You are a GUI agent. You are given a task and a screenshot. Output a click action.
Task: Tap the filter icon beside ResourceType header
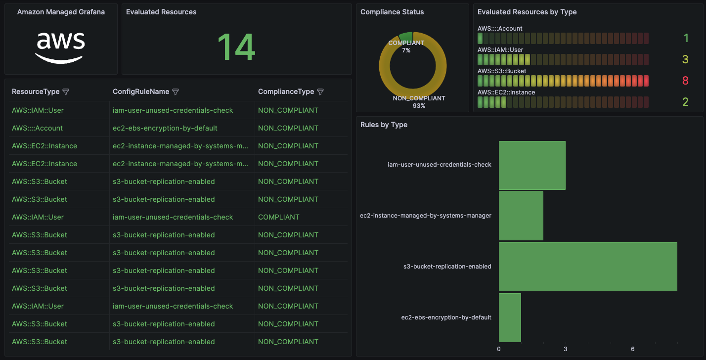coord(66,92)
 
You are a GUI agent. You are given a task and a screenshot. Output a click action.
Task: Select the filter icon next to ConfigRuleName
coord(175,92)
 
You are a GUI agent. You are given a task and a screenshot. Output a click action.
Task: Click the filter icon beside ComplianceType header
coord(320,92)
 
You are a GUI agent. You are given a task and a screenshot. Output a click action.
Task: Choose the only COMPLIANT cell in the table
coord(278,217)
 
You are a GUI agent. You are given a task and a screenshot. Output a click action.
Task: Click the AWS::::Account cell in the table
coord(37,128)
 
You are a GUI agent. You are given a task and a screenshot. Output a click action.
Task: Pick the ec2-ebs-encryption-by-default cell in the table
coord(165,128)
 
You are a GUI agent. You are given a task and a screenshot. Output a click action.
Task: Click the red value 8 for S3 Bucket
coord(685,81)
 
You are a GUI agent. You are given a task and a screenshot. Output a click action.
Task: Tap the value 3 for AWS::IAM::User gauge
coord(685,60)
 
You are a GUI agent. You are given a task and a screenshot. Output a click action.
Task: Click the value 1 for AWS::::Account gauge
coord(686,39)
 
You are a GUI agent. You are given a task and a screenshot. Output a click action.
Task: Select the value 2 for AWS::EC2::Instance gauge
coord(685,102)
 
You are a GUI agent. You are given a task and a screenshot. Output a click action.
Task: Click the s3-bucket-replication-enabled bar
coord(587,267)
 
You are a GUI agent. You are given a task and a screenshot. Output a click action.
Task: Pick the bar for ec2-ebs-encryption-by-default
coord(510,317)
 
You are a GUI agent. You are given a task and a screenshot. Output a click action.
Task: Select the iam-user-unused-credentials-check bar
coord(531,165)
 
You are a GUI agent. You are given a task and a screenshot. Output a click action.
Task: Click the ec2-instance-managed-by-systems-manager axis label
coord(426,216)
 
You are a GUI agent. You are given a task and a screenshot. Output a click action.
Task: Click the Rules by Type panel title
coord(384,125)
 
